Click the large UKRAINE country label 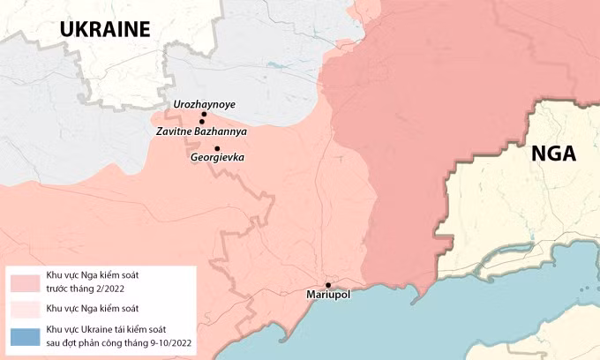105,28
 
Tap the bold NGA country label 553,154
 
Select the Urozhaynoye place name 205,104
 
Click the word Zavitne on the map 175,131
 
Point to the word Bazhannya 221,131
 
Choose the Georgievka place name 217,158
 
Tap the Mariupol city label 328,295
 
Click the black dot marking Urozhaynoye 203,115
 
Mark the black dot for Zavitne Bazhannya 202,122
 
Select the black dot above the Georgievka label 217,148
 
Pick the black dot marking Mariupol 328,284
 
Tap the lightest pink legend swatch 25,309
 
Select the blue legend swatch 25,336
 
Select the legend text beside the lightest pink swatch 91,309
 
